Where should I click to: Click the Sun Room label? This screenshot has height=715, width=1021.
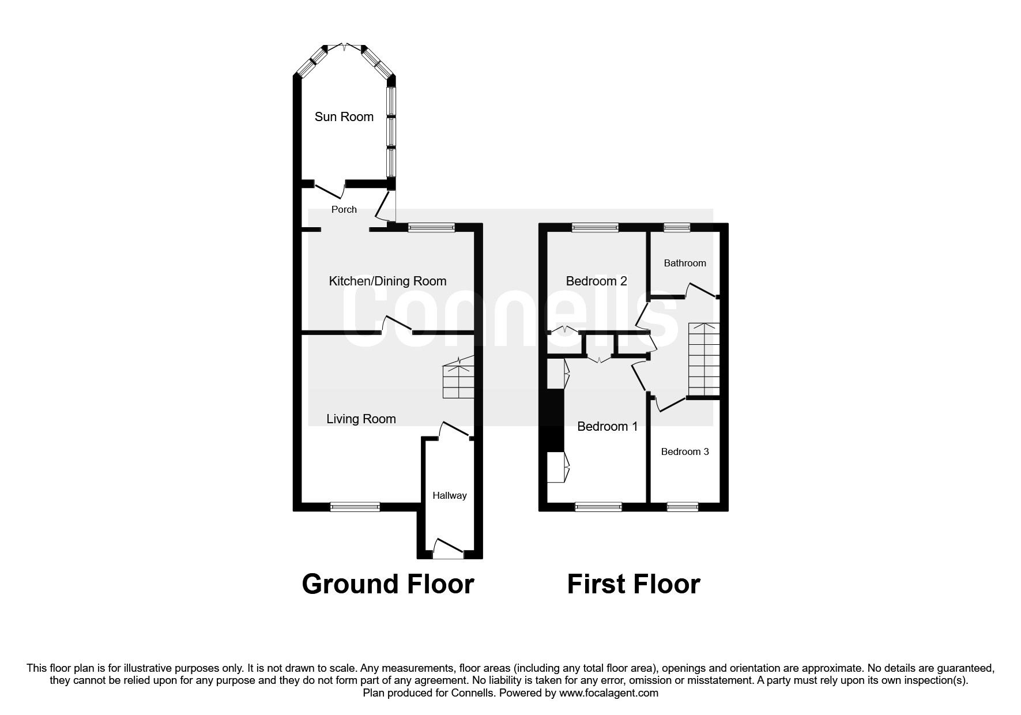pos(344,116)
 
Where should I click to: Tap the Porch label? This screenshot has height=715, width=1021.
pos(344,209)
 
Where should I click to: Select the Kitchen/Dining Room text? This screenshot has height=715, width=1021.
pos(387,281)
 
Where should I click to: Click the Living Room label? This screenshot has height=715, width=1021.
pos(361,419)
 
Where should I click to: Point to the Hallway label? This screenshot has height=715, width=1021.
pos(449,495)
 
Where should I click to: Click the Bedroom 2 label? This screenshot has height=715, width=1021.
pos(596,281)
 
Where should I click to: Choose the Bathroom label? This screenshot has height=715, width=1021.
pos(684,263)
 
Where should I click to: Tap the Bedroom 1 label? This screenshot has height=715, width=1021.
pos(607,426)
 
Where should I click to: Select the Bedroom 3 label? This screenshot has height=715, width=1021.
pos(684,451)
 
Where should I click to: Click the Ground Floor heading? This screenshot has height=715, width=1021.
pos(387,584)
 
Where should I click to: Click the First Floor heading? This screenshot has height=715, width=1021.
pos(633,584)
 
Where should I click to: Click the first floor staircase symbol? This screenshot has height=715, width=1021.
pos(704,359)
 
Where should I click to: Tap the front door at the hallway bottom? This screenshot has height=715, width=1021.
pos(449,550)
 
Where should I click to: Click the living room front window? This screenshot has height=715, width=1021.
pos(355,507)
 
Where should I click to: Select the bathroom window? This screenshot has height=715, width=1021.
pos(677,228)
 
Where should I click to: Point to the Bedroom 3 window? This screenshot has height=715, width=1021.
pos(683,507)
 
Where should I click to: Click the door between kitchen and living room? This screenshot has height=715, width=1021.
pos(398,325)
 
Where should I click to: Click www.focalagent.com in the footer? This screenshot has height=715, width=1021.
pos(608,693)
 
